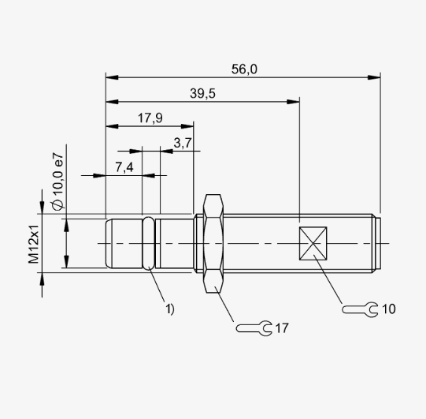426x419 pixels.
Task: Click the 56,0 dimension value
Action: pyautogui.click(x=244, y=69)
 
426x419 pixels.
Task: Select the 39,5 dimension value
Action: pyautogui.click(x=202, y=94)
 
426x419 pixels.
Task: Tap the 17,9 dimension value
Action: pyautogui.click(x=150, y=118)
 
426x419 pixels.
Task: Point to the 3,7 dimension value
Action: pyautogui.click(x=183, y=143)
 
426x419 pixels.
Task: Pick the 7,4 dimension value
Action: pyautogui.click(x=124, y=167)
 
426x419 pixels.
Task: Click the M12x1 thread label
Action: pyautogui.click(x=33, y=245)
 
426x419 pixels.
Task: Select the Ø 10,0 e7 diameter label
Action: pyautogui.click(x=57, y=181)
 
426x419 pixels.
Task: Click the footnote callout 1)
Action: pyautogui.click(x=170, y=309)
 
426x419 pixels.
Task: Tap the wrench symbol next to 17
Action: pyautogui.click(x=254, y=328)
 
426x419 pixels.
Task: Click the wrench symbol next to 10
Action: pyautogui.click(x=360, y=309)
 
